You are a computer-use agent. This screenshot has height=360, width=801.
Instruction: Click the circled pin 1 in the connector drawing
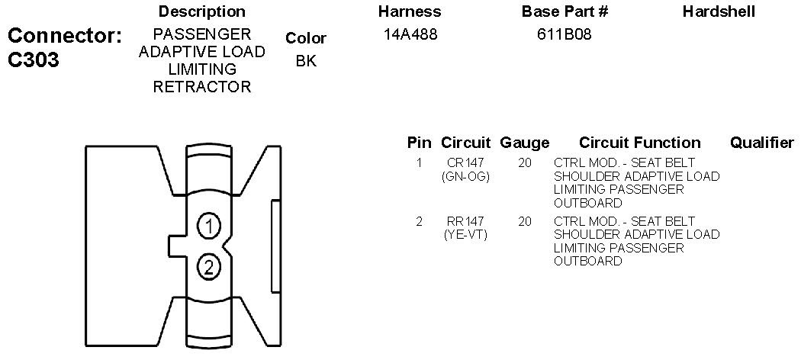pos(208,226)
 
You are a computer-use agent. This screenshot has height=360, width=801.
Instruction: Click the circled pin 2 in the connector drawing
pos(208,267)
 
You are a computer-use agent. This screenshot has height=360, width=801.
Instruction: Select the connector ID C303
pos(34,60)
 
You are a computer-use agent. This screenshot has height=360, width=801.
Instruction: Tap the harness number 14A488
pos(410,35)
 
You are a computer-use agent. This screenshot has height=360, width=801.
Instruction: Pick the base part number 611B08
pos(565,35)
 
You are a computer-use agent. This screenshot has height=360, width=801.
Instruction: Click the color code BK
pos(306,61)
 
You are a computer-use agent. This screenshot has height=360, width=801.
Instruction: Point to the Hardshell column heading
pos(719,11)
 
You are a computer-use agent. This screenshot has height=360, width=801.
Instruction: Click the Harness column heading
pos(410,11)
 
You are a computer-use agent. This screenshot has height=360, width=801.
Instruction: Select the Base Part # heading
pos(565,11)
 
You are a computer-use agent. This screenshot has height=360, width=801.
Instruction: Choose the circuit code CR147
pos(465,163)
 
